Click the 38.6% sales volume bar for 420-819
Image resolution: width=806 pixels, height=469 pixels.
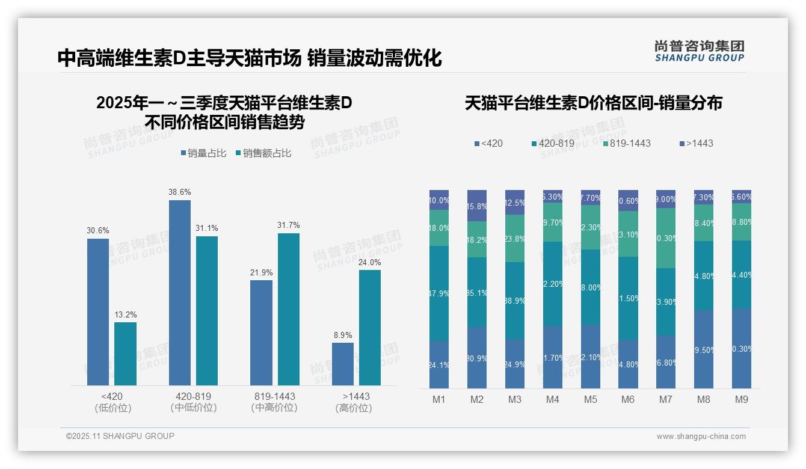(x=179, y=293)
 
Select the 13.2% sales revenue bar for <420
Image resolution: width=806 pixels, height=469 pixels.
(x=125, y=354)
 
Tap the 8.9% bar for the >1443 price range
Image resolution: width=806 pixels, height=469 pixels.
(x=343, y=364)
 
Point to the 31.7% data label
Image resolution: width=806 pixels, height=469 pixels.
(x=289, y=225)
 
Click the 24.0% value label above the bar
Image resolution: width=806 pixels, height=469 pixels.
(x=370, y=262)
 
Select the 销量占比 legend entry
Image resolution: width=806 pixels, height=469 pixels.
(x=203, y=153)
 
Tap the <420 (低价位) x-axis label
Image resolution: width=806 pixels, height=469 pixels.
(x=112, y=402)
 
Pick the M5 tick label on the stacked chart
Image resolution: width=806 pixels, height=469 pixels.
(x=590, y=400)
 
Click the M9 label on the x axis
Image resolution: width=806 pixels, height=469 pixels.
(x=741, y=400)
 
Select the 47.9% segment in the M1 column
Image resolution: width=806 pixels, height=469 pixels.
(x=439, y=293)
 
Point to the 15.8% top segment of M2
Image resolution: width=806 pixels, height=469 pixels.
(x=477, y=206)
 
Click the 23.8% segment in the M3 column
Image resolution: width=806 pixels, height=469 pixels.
(x=515, y=238)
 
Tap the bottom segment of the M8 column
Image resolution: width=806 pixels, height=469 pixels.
(x=704, y=349)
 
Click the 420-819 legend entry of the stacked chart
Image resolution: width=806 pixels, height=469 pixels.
(x=553, y=144)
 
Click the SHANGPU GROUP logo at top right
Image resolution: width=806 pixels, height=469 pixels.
(x=699, y=51)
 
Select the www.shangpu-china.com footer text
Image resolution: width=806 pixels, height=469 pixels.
(x=701, y=437)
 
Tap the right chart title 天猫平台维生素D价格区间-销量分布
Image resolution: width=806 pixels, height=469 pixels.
(x=593, y=103)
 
